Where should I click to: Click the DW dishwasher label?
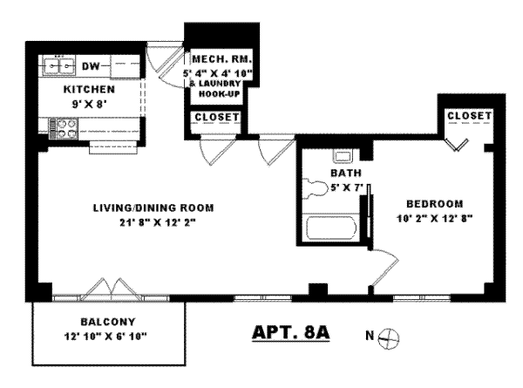[91, 65]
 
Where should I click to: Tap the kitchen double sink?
[61, 65]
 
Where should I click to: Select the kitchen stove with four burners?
[62, 129]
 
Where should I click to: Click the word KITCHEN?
[90, 89]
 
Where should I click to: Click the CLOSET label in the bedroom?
[468, 116]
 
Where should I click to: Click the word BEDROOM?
[432, 202]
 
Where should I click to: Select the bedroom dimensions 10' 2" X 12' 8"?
[432, 218]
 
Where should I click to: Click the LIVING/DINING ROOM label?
[153, 208]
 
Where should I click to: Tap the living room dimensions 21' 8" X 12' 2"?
[153, 223]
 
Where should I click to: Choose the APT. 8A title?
[284, 333]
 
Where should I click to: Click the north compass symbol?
[391, 336]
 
